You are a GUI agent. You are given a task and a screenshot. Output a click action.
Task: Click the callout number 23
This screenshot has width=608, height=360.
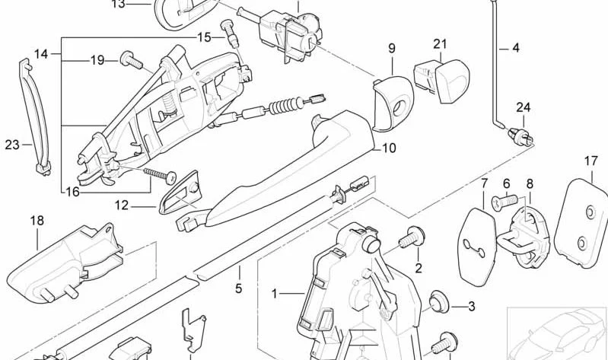[12, 145]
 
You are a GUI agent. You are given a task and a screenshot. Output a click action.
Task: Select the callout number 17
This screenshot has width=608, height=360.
[591, 161]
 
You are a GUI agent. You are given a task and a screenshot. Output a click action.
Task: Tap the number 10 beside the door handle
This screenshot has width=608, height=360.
[389, 148]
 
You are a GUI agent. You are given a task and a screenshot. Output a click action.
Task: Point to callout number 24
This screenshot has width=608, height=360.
[523, 107]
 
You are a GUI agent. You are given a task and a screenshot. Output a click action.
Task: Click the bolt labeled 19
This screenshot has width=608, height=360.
[132, 61]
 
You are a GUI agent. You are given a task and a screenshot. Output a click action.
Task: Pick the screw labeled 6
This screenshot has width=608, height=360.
[505, 202]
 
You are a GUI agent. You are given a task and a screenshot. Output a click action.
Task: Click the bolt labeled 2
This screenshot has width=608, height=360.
[412, 237]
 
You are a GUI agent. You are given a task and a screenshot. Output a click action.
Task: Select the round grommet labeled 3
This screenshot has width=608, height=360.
[439, 301]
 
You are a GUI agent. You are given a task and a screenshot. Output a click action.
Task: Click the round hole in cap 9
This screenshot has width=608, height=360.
[399, 108]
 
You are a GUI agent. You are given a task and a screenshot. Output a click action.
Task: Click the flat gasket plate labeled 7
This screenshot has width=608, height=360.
[476, 247]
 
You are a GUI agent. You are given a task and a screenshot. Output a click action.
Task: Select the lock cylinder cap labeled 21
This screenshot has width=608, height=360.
[442, 79]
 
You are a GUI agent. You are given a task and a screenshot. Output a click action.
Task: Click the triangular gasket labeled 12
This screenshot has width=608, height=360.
[179, 193]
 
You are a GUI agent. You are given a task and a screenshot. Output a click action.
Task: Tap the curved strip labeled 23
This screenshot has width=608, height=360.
[35, 116]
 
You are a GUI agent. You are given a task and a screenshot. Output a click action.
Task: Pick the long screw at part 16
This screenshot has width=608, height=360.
[160, 175]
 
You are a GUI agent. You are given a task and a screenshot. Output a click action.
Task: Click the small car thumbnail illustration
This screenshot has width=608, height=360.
[557, 333]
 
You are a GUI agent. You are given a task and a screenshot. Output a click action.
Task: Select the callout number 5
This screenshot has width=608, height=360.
[238, 288]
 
